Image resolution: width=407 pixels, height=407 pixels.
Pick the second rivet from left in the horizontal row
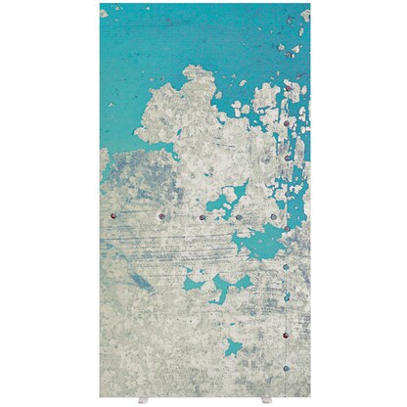[x=160, y=216]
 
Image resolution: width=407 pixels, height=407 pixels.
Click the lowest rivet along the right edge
[x=286, y=369]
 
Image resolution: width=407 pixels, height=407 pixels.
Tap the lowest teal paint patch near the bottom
[x=233, y=346]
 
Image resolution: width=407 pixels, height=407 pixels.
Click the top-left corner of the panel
[x=101, y=4]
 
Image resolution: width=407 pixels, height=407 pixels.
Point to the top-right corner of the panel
[x=309, y=4]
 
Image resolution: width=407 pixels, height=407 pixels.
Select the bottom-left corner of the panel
[x=101, y=396]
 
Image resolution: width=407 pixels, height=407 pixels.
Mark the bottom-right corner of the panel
[x=309, y=396]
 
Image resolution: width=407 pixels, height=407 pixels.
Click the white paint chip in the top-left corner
[x=104, y=12]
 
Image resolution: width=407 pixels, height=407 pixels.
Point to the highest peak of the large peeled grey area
[x=196, y=70]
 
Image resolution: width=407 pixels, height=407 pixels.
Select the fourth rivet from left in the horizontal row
[x=238, y=216]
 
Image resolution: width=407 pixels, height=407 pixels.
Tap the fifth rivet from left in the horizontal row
[x=273, y=216]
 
